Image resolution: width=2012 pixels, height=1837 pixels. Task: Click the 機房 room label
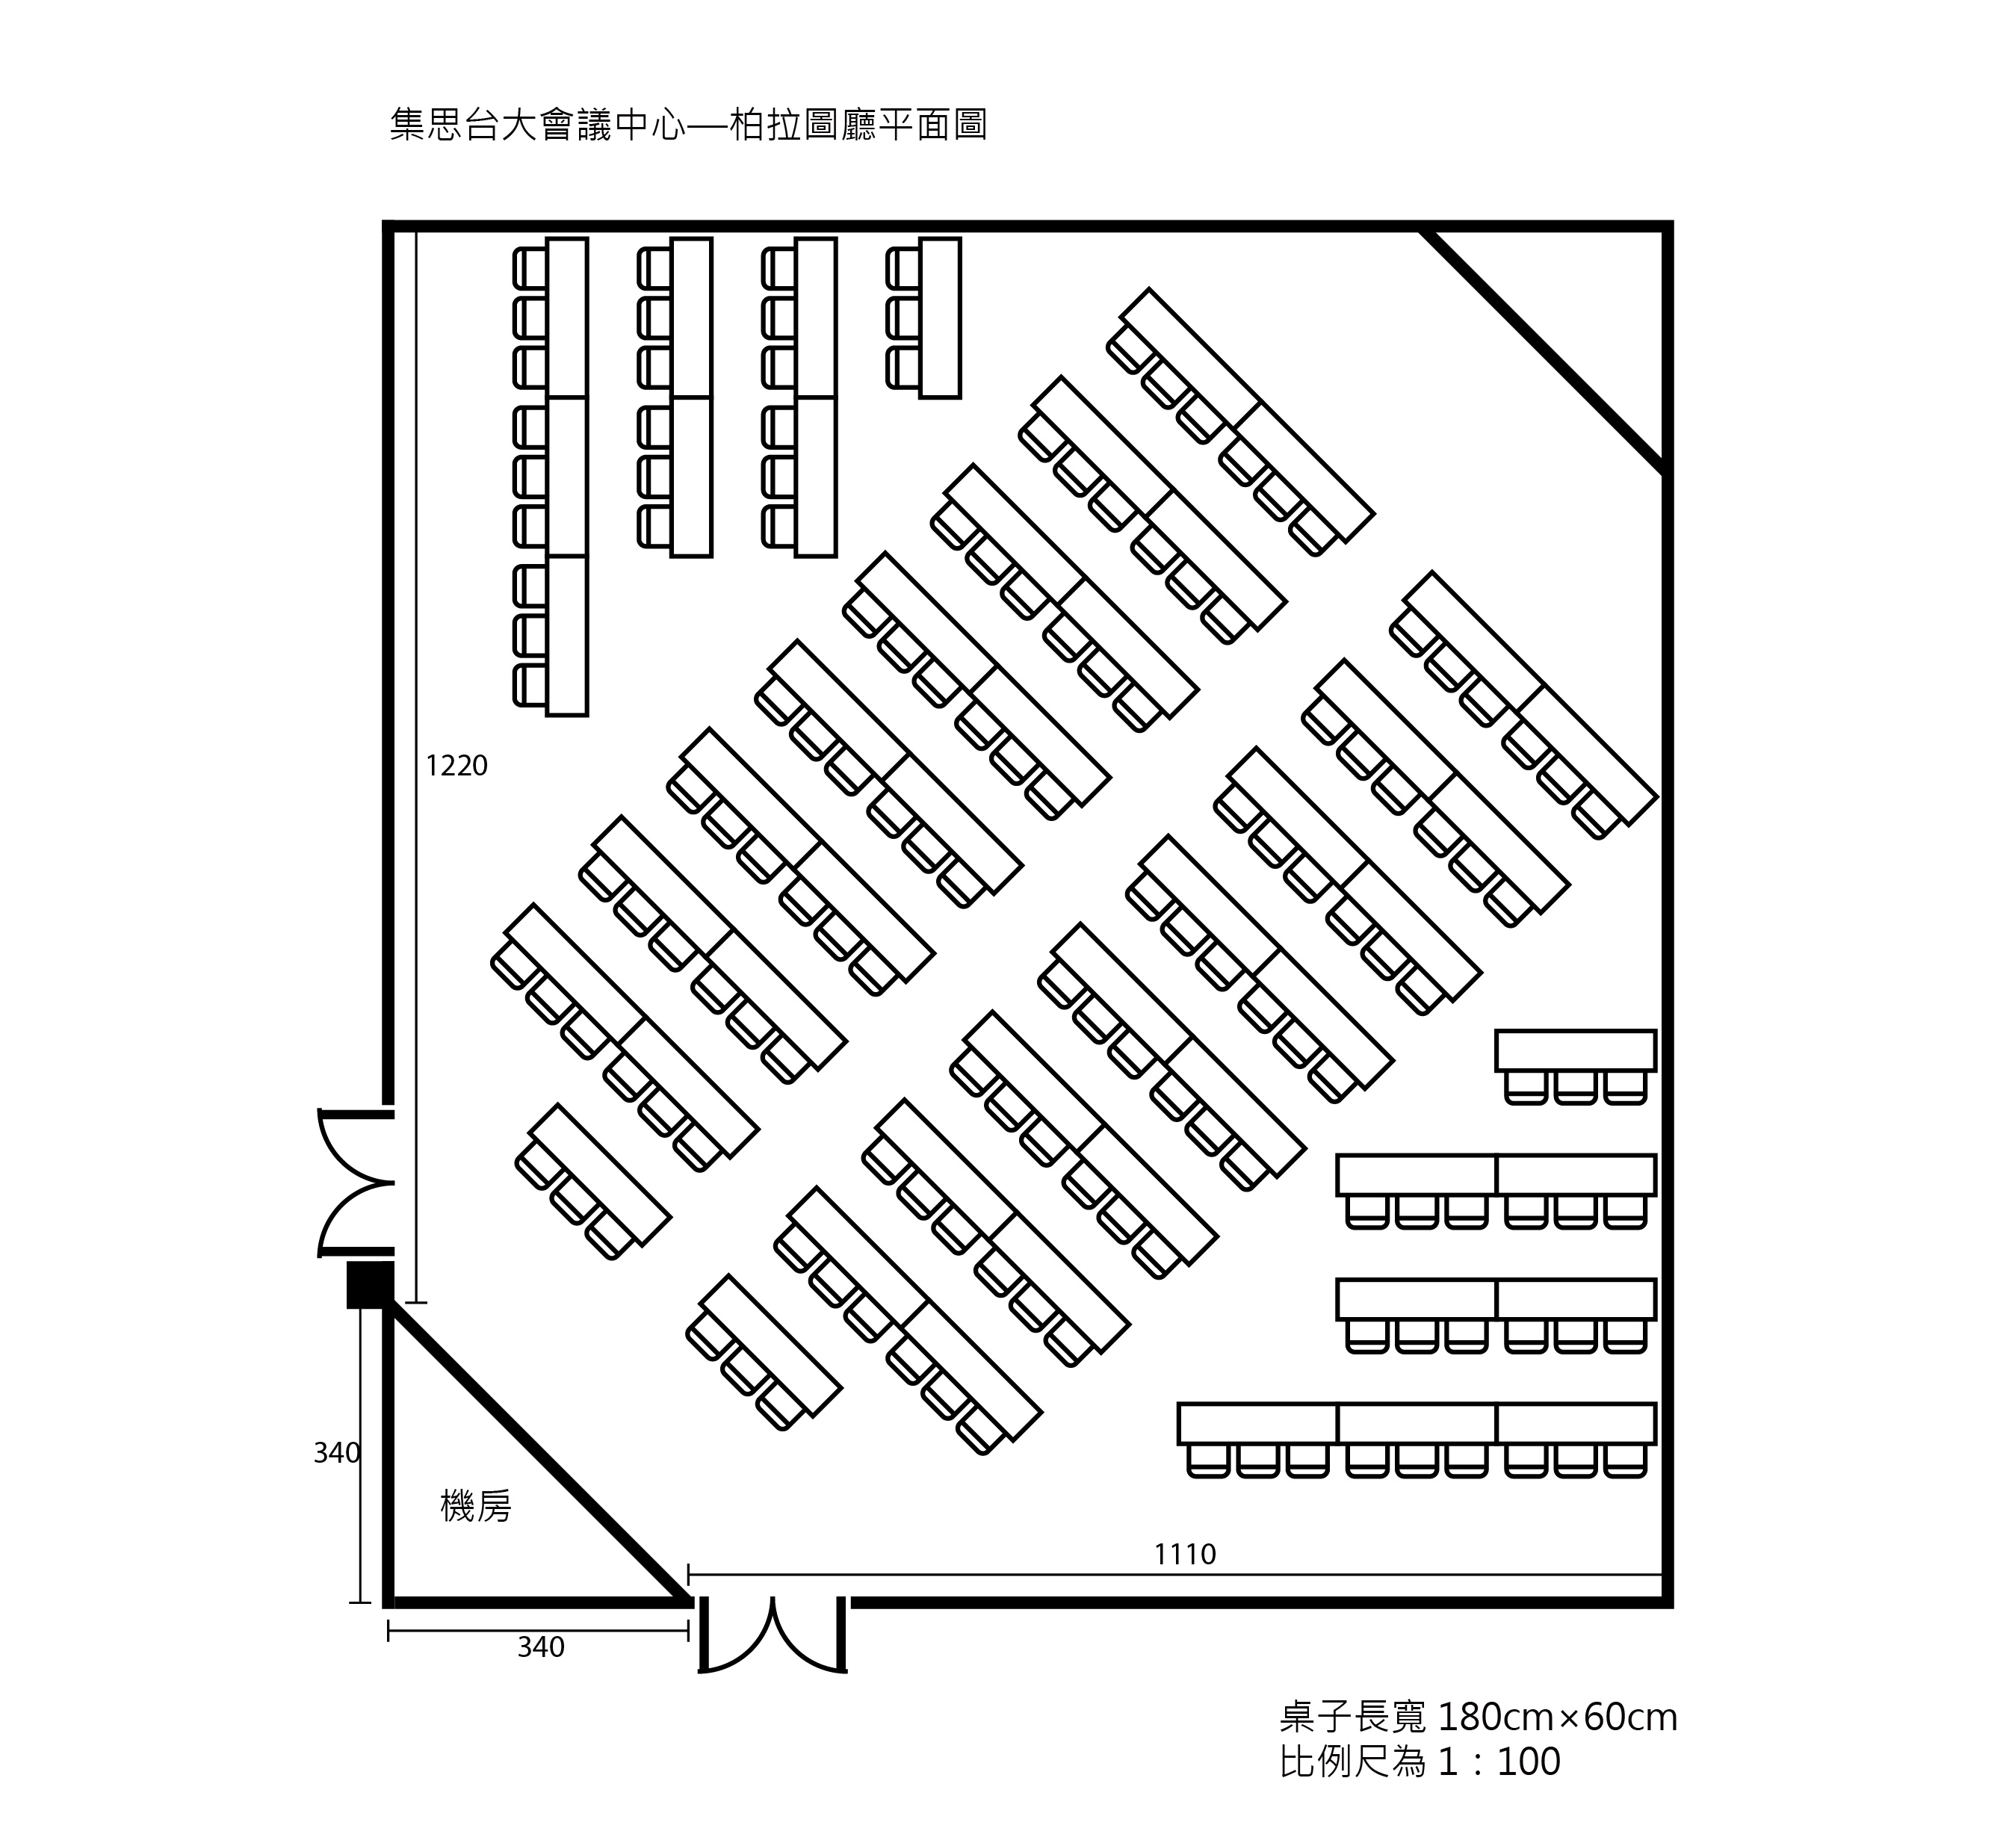coord(476,1506)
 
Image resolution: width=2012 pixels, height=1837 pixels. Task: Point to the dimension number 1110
coord(1186,1554)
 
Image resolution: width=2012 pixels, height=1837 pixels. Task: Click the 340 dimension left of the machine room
coord(336,1453)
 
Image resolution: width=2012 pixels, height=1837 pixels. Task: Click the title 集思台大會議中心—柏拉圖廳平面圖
coord(689,126)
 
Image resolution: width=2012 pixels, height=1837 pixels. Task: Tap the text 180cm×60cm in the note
coord(1558,1717)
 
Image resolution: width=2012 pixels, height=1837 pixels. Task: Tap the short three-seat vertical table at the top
coord(939,318)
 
